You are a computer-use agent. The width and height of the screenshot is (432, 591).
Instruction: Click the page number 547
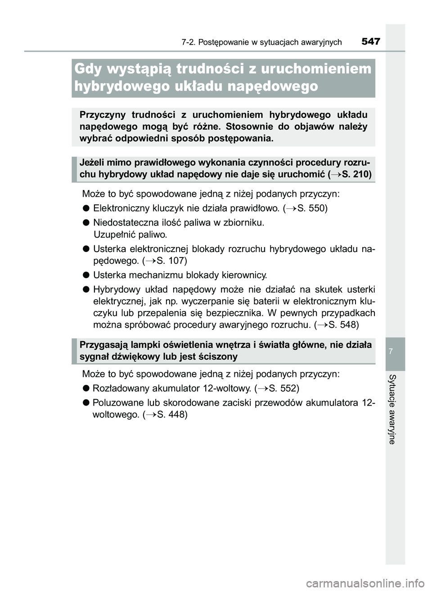point(371,42)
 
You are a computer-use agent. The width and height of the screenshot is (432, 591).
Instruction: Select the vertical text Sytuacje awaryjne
point(392,409)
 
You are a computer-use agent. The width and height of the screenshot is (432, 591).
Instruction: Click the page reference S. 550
point(312,208)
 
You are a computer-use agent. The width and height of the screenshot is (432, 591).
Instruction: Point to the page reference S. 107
point(172,261)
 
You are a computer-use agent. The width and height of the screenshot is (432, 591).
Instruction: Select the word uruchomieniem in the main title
point(316,69)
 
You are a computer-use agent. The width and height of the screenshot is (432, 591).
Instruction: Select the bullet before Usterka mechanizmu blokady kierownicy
point(85,275)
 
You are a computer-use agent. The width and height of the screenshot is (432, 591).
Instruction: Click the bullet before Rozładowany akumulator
point(85,388)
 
